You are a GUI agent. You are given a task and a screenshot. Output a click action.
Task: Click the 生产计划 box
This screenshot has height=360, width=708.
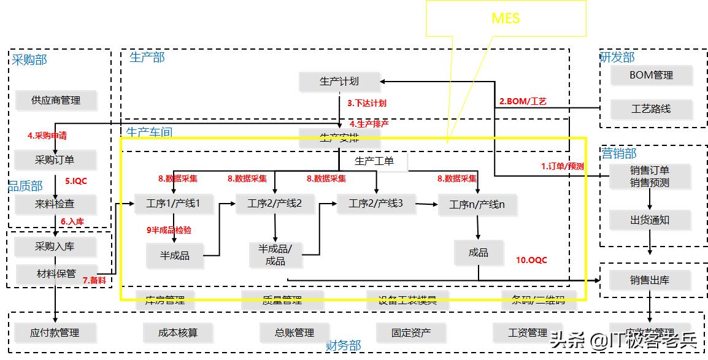[339, 81]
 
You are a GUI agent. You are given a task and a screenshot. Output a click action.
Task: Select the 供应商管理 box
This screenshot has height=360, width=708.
[56, 100]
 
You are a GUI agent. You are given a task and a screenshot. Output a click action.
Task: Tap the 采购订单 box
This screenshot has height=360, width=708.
[55, 160]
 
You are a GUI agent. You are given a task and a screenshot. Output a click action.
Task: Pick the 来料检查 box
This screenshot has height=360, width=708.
[55, 204]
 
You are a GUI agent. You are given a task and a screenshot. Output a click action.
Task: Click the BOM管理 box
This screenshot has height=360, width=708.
[651, 75]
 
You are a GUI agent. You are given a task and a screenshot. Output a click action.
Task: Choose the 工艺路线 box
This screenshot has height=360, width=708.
[651, 109]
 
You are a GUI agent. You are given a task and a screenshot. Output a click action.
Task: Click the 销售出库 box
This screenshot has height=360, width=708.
[650, 280]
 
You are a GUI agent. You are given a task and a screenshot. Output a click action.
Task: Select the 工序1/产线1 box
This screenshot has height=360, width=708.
[174, 204]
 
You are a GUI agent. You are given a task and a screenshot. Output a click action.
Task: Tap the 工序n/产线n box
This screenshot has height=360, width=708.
[477, 205]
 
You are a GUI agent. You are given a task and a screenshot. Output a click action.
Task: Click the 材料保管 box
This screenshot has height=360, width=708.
[55, 274]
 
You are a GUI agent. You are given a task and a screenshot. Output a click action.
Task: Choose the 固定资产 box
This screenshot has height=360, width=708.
[411, 333]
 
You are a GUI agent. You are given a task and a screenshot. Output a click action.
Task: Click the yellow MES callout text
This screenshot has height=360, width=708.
[506, 18]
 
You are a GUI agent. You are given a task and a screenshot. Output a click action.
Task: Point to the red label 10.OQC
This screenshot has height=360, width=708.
[531, 260]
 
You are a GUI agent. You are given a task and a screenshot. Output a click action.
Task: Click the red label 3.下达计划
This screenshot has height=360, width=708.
[367, 104]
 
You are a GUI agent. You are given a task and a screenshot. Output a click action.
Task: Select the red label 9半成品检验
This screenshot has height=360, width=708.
[169, 230]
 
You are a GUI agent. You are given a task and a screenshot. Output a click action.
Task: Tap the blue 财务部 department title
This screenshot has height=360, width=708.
[344, 346]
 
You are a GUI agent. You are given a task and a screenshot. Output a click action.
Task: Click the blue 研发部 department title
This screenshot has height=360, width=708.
[617, 58]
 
